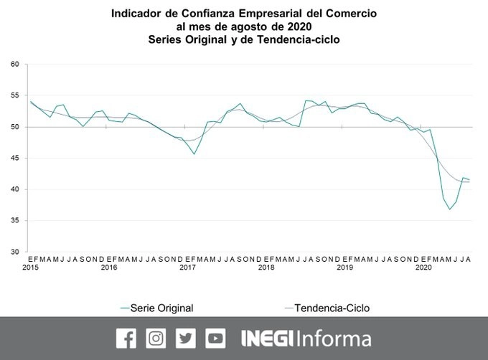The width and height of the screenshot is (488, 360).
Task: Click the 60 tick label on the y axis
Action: (14, 65)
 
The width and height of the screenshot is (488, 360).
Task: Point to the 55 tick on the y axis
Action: (14, 95)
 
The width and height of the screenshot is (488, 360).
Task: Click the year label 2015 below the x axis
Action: (30, 267)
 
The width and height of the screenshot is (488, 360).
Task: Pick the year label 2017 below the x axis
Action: (187, 267)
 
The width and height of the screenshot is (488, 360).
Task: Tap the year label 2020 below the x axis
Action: (423, 267)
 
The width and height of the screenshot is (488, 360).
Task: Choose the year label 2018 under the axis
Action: (266, 267)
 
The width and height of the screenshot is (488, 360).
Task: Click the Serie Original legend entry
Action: (162, 308)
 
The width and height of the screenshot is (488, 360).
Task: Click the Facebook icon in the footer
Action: (126, 338)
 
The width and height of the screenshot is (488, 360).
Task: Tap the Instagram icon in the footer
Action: (156, 338)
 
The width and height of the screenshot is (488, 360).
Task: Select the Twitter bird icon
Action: (186, 338)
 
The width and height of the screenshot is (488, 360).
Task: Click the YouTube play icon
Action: (215, 338)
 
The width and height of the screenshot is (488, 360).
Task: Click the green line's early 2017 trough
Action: (194, 153)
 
